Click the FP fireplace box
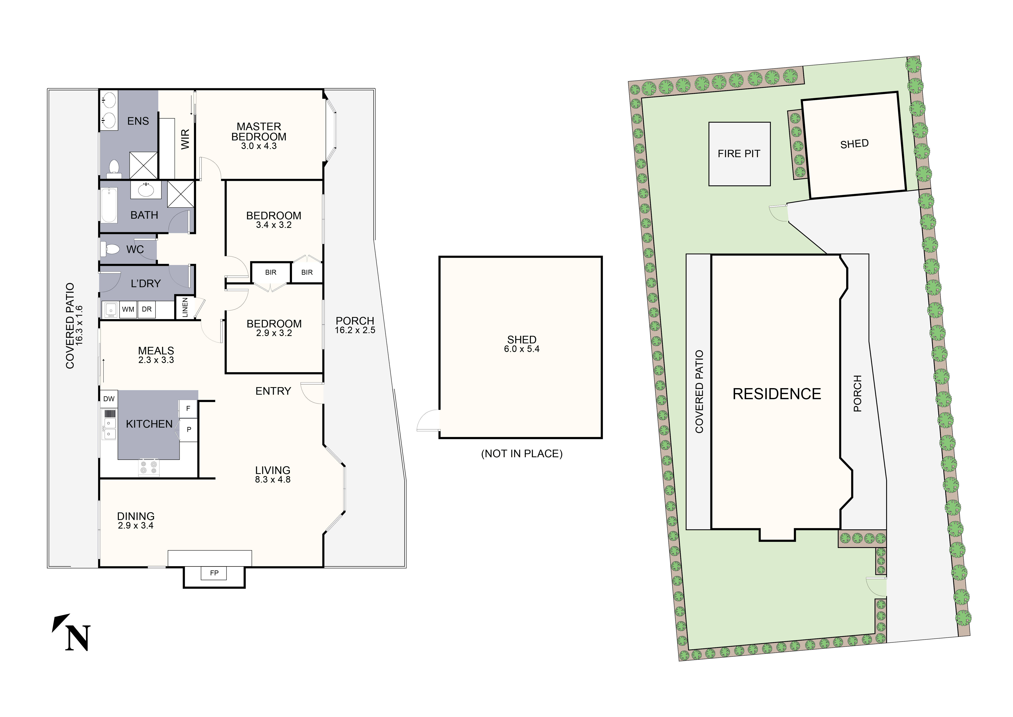coord(214,573)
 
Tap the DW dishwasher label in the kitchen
coord(109,399)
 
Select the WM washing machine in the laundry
coord(128,309)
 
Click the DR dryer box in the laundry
coord(147,309)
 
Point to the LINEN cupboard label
coord(185,307)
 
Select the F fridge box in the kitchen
coord(188,409)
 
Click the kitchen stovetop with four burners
coord(149,468)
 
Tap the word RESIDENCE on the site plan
coord(777,394)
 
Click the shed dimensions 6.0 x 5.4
coord(522,349)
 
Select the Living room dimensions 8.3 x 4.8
coord(273,479)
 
